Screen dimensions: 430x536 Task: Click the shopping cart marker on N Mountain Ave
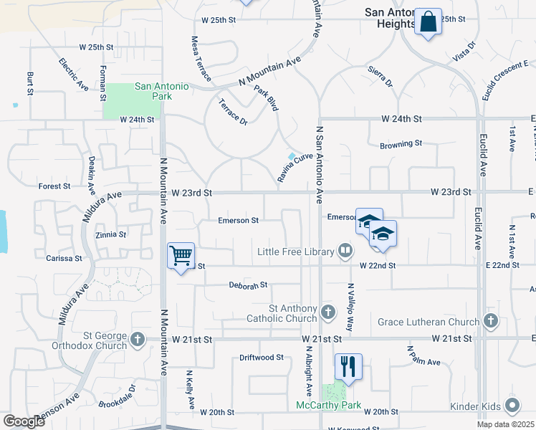point(181,255)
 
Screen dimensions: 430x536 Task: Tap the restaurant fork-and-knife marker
point(348,366)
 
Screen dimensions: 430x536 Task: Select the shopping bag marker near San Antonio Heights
point(428,21)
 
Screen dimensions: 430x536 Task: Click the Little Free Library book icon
point(345,251)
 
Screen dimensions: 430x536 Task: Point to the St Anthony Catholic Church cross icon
point(327,312)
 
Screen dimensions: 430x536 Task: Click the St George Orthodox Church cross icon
point(137,338)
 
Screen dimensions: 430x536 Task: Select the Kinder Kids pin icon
point(512,406)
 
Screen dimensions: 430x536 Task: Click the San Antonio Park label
point(162,91)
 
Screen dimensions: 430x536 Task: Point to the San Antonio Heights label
point(390,18)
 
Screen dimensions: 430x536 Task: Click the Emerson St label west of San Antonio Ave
point(238,221)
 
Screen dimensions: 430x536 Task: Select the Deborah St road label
point(248,285)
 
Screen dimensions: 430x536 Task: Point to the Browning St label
point(401,144)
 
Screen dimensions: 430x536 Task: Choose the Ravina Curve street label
point(295,167)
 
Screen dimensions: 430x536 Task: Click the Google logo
point(23,421)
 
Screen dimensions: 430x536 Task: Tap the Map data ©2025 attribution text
point(505,424)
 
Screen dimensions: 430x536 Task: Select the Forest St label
point(54,186)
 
